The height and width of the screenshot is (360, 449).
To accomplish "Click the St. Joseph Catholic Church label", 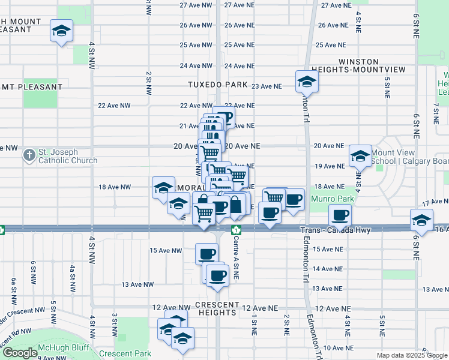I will pyautogui.click(x=67, y=156).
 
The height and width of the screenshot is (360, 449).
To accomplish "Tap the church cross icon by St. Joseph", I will pyautogui.click(x=29, y=156).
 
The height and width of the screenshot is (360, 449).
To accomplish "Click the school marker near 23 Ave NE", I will pyautogui.click(x=306, y=82).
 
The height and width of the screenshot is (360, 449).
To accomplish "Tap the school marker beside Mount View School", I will pyautogui.click(x=360, y=157).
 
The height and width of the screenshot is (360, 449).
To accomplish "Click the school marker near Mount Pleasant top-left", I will pyautogui.click(x=61, y=31).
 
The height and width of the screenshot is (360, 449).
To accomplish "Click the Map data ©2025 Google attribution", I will pyautogui.click(x=412, y=355).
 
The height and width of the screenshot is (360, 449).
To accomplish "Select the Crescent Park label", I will pyautogui.click(x=125, y=353).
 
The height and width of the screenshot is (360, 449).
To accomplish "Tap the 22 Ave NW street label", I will pyautogui.click(x=114, y=106).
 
